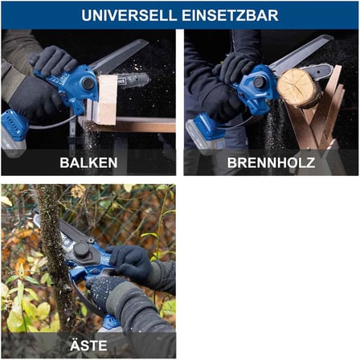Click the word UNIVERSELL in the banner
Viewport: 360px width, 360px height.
(x=129, y=15)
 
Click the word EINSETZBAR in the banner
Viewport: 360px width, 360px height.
(x=230, y=15)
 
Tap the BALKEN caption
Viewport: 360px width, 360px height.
(x=88, y=162)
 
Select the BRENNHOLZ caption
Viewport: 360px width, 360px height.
(x=271, y=162)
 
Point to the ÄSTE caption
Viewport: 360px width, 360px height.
(x=88, y=345)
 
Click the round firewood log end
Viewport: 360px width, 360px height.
(x=298, y=88)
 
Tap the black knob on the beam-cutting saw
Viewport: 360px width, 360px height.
(x=88, y=84)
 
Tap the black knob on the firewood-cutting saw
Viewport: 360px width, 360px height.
(x=259, y=82)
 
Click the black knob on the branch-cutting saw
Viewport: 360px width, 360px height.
(x=81, y=250)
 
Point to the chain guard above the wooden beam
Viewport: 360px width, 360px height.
(x=119, y=55)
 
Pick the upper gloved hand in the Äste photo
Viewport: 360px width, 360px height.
(x=129, y=263)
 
